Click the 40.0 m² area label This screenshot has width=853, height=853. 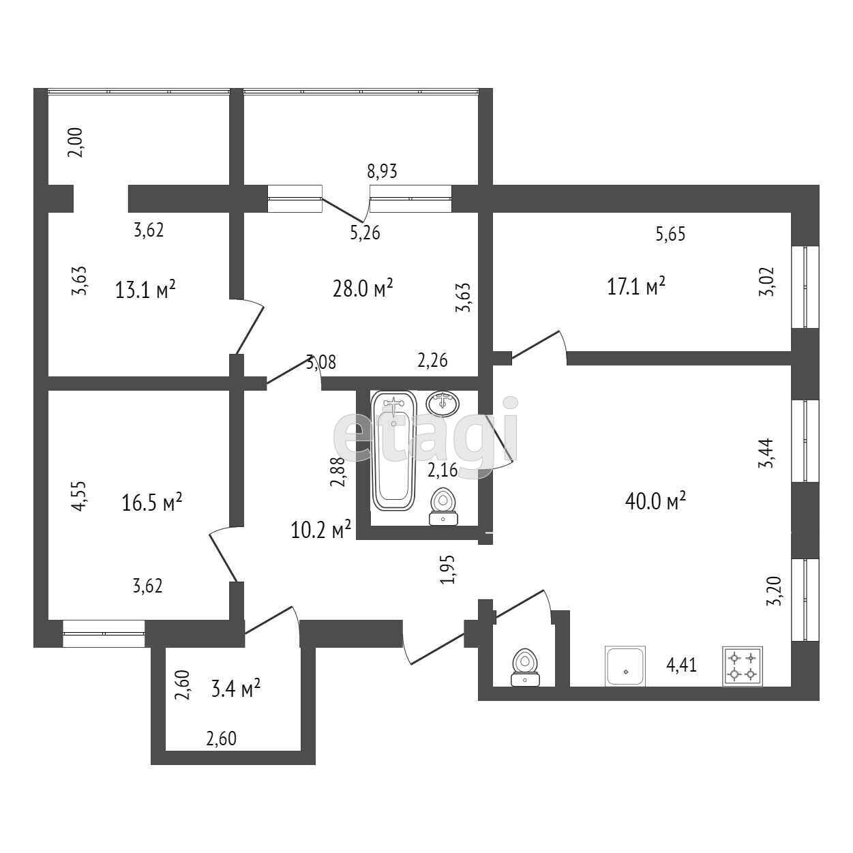(x=655, y=501)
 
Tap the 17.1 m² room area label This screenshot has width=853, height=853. (x=635, y=286)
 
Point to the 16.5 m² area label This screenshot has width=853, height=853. (x=151, y=503)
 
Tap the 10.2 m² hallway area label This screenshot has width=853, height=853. (x=320, y=529)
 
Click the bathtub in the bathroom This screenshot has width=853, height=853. (x=394, y=451)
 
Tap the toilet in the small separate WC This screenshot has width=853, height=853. (x=524, y=668)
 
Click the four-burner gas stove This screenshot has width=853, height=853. (x=743, y=666)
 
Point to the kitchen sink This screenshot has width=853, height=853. (x=625, y=666)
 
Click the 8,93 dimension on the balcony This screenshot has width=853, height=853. (x=382, y=171)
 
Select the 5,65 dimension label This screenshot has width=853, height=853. (x=670, y=235)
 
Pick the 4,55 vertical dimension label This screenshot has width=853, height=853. (x=79, y=496)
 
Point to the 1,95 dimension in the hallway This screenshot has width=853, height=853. (x=447, y=569)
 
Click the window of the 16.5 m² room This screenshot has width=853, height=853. (x=104, y=633)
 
